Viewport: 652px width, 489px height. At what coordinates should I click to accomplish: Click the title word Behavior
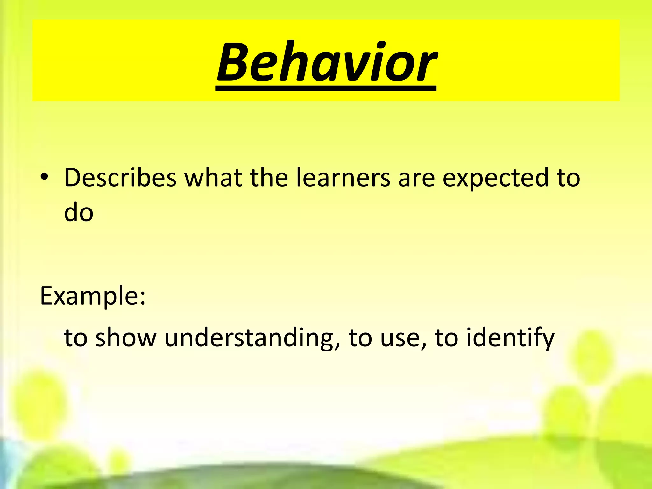click(x=326, y=62)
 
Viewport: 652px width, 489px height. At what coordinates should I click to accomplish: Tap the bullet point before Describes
click(x=44, y=177)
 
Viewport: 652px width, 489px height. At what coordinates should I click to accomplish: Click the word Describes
click(x=120, y=178)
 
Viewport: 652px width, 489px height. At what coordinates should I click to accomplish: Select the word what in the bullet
click(x=213, y=178)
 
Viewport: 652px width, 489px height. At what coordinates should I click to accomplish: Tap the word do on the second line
click(x=79, y=213)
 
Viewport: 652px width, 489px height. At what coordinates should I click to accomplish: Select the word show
click(x=126, y=337)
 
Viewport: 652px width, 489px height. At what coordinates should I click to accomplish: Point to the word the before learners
click(x=269, y=178)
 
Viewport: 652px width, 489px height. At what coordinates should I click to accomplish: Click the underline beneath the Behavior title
click(x=326, y=89)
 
